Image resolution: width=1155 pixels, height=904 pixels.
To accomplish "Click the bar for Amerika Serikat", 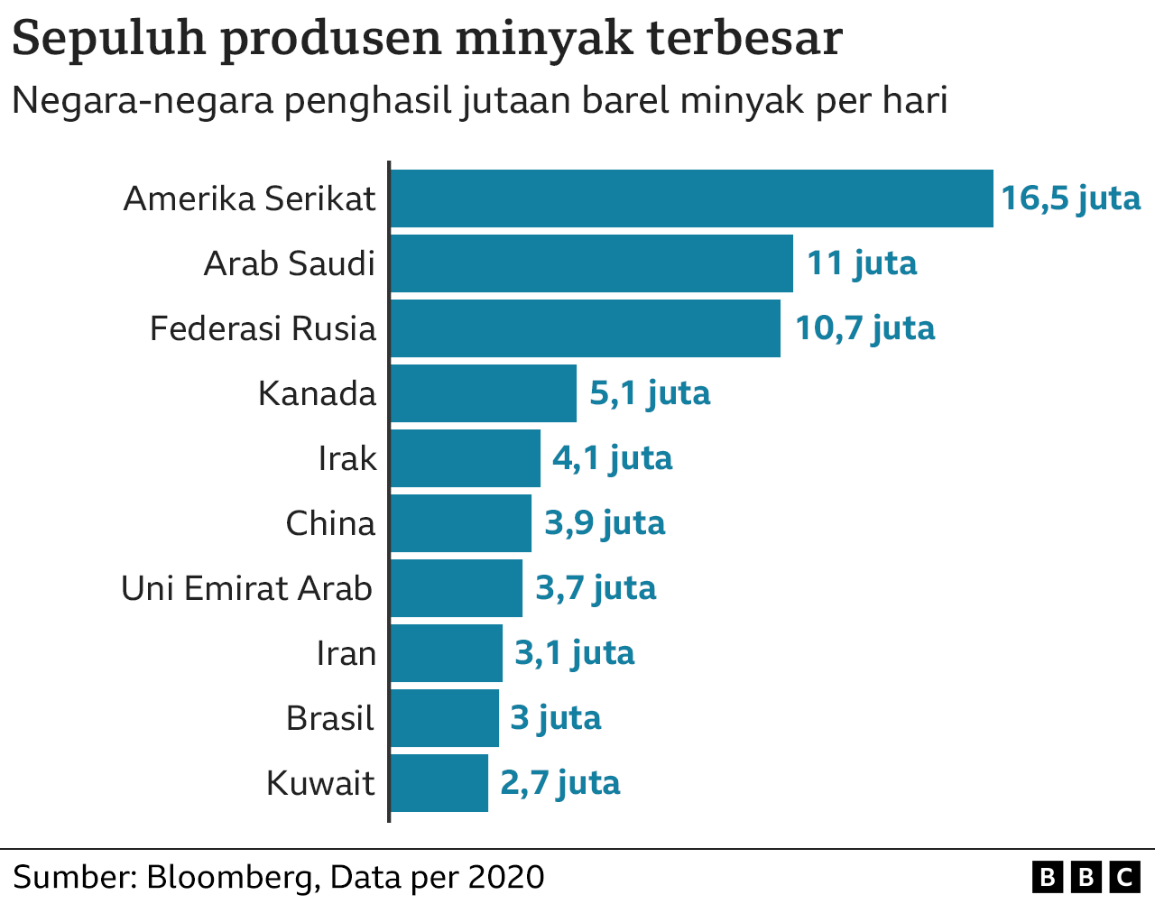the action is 692,198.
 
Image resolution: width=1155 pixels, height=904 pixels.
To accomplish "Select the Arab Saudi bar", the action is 592,263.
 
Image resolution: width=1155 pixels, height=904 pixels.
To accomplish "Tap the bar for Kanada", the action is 484,393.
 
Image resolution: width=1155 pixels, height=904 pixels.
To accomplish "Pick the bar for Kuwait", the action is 439,783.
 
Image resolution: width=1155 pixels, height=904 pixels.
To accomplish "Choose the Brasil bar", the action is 445,718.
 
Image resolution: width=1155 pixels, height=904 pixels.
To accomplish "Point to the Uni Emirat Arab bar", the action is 457,588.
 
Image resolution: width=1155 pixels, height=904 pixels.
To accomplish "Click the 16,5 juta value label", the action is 1070,199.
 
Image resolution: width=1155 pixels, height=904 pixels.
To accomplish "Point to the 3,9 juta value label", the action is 605,524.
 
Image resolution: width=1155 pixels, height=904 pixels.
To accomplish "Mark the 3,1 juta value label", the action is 575,654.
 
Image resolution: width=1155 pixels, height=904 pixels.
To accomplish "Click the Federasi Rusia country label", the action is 263,328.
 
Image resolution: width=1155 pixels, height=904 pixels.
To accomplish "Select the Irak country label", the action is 347,458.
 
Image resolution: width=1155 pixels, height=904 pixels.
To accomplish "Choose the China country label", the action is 330,523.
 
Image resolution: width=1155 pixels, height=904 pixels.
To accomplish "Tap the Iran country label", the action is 346,653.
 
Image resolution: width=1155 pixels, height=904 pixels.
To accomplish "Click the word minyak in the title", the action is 545,40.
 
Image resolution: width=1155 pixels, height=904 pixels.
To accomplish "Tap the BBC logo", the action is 1086,878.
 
